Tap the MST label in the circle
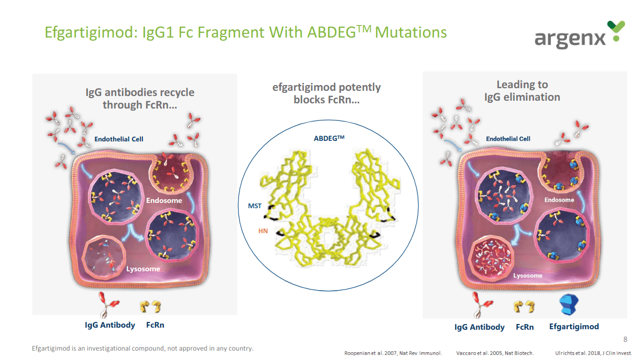(255, 206)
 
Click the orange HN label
(263, 231)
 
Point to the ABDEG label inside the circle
(329, 138)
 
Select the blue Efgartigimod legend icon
(569, 305)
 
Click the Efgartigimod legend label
(574, 327)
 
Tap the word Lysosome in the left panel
(143, 269)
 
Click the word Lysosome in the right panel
(528, 275)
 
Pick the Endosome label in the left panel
(164, 200)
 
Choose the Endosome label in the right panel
(559, 200)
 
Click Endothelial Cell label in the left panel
(119, 139)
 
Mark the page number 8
(625, 340)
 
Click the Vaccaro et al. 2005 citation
(495, 353)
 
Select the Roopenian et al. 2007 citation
(393, 353)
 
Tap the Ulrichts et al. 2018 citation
(593, 353)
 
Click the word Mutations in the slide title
(411, 32)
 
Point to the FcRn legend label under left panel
(155, 325)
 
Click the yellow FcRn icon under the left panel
(150, 307)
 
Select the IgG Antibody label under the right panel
(479, 327)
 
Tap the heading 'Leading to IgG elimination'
(522, 91)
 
